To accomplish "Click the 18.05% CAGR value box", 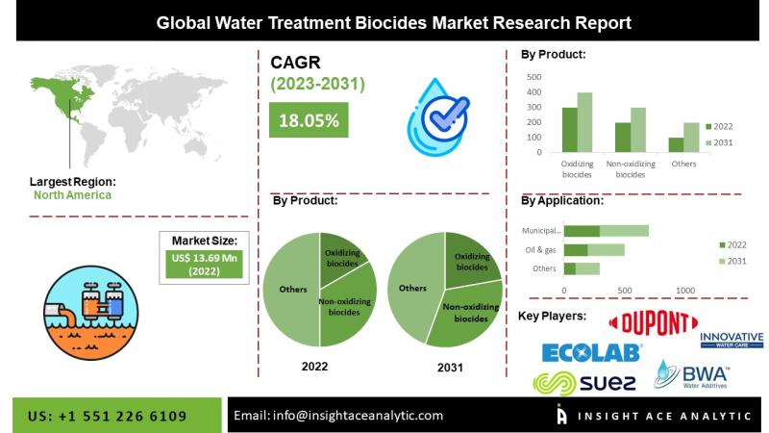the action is [x=309, y=119].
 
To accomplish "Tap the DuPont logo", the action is [x=653, y=323].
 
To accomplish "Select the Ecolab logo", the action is [x=591, y=352].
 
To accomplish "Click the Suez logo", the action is [x=584, y=383].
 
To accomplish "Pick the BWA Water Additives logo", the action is [x=691, y=375].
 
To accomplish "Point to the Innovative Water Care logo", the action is [x=732, y=340].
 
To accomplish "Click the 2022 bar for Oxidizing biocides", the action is [x=569, y=130].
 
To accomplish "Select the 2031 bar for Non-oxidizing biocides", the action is [x=638, y=130].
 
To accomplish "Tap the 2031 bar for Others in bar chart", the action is [x=691, y=138].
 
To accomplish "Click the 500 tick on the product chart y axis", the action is [x=533, y=77].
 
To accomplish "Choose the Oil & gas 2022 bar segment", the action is [x=576, y=250].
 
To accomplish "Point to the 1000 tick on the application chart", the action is [x=685, y=291].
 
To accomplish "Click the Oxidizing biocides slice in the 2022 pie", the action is [x=341, y=258].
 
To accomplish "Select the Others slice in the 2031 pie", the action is [x=414, y=288].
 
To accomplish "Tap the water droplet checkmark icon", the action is [x=437, y=117].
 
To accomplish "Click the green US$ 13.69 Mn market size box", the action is [x=204, y=265].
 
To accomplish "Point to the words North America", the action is [x=73, y=195].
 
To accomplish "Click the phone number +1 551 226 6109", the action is [x=122, y=417].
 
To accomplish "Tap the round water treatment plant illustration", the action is [x=90, y=313].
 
